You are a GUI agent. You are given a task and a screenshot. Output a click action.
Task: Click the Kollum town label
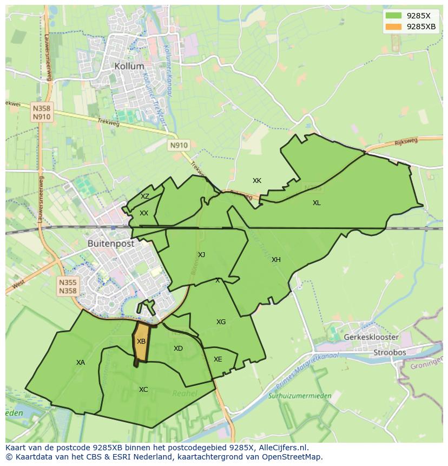[129, 66]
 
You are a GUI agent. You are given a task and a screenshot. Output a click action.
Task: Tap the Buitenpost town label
[111, 244]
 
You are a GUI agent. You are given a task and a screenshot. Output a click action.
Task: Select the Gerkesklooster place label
[371, 337]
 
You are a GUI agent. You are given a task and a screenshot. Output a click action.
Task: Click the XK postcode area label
[257, 181]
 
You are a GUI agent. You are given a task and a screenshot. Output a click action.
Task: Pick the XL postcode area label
[317, 203]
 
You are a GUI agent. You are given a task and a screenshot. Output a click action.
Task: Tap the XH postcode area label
[276, 260]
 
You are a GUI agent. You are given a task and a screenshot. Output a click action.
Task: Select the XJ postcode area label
[201, 255]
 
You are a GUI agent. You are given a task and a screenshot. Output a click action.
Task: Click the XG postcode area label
[221, 322]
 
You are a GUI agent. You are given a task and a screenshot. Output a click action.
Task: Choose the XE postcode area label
[218, 359]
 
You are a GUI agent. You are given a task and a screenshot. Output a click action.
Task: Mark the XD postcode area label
[178, 349]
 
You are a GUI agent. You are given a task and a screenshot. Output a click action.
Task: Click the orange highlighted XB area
[141, 342]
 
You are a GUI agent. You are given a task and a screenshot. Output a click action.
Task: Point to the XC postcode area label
[143, 390]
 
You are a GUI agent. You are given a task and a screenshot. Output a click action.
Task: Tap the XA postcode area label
[81, 363]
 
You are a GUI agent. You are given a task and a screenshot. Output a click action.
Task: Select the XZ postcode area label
[145, 196]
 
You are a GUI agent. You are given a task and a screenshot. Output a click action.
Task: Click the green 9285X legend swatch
[393, 16]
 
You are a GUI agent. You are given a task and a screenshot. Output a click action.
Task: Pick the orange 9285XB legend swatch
[393, 27]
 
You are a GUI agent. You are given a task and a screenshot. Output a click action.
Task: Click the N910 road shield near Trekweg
[179, 145]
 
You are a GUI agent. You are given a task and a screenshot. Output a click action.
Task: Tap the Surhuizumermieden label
[300, 396]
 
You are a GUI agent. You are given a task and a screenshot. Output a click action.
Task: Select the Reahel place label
[185, 393]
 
